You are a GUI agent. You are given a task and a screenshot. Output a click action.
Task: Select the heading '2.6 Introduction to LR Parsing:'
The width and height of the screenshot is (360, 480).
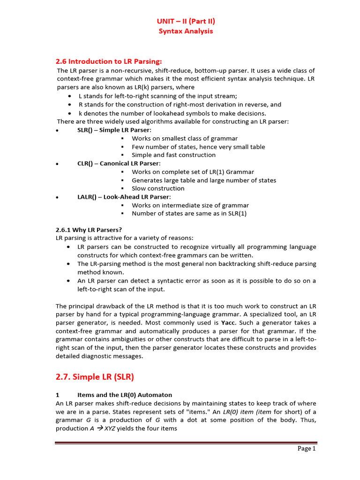pos(109,61)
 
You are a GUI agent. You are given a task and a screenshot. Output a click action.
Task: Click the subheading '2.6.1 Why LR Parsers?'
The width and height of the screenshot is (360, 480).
pos(89,230)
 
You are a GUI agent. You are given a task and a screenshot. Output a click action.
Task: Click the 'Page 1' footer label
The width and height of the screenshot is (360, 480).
pos(307,449)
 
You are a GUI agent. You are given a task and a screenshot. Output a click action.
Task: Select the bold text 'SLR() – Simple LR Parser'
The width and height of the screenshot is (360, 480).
pos(114,130)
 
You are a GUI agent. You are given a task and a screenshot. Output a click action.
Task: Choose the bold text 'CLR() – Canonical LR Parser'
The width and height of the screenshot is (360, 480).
pos(119,164)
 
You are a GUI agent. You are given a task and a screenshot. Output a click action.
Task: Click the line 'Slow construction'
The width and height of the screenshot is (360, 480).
pos(158,188)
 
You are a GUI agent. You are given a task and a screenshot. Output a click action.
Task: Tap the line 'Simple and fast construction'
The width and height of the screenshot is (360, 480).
pos(173,155)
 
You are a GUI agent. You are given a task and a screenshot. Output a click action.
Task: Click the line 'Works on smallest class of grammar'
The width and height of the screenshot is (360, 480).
pos(184,139)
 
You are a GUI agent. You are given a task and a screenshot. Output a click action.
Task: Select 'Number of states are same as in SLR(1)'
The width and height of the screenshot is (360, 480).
pos(189,213)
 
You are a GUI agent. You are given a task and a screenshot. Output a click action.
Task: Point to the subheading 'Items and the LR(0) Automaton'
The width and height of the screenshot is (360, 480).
pos(125,395)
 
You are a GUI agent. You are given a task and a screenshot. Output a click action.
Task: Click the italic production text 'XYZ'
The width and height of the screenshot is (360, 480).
pos(110,429)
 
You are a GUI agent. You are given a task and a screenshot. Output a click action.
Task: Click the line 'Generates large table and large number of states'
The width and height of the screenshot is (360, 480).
pos(204,180)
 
